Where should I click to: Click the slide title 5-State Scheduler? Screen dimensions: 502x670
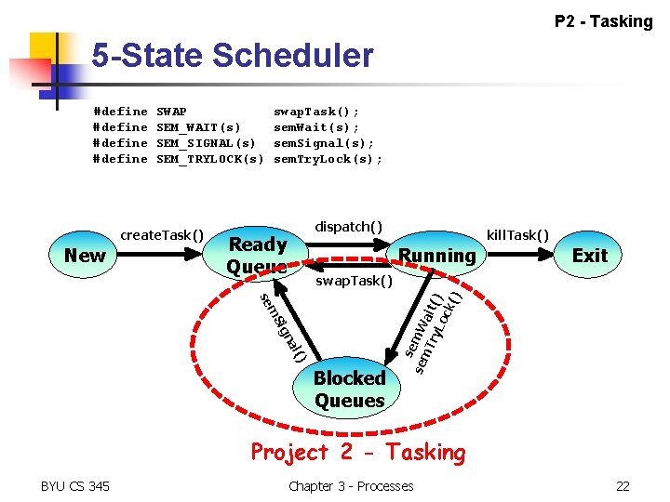coord(232,56)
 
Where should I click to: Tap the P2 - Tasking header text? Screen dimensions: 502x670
coord(603,20)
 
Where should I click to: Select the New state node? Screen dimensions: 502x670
coord(85,255)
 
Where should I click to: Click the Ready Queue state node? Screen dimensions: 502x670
coord(257,255)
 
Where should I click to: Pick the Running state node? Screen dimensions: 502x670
coord(436,255)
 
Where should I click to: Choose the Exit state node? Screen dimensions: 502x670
coord(589,255)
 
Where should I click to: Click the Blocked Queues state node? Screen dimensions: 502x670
coord(349,390)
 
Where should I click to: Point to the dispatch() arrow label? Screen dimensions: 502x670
coord(348,226)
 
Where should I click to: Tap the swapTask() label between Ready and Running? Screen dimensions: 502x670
coord(354,281)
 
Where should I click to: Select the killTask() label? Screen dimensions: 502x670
coord(517,234)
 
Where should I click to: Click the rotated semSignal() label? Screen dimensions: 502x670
coord(282,324)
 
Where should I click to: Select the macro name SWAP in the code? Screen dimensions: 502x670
coord(171,112)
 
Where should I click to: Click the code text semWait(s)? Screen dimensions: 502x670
coord(315,127)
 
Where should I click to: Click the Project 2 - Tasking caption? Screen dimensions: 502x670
coord(357,453)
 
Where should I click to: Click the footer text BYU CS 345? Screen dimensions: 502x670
coord(75,485)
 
